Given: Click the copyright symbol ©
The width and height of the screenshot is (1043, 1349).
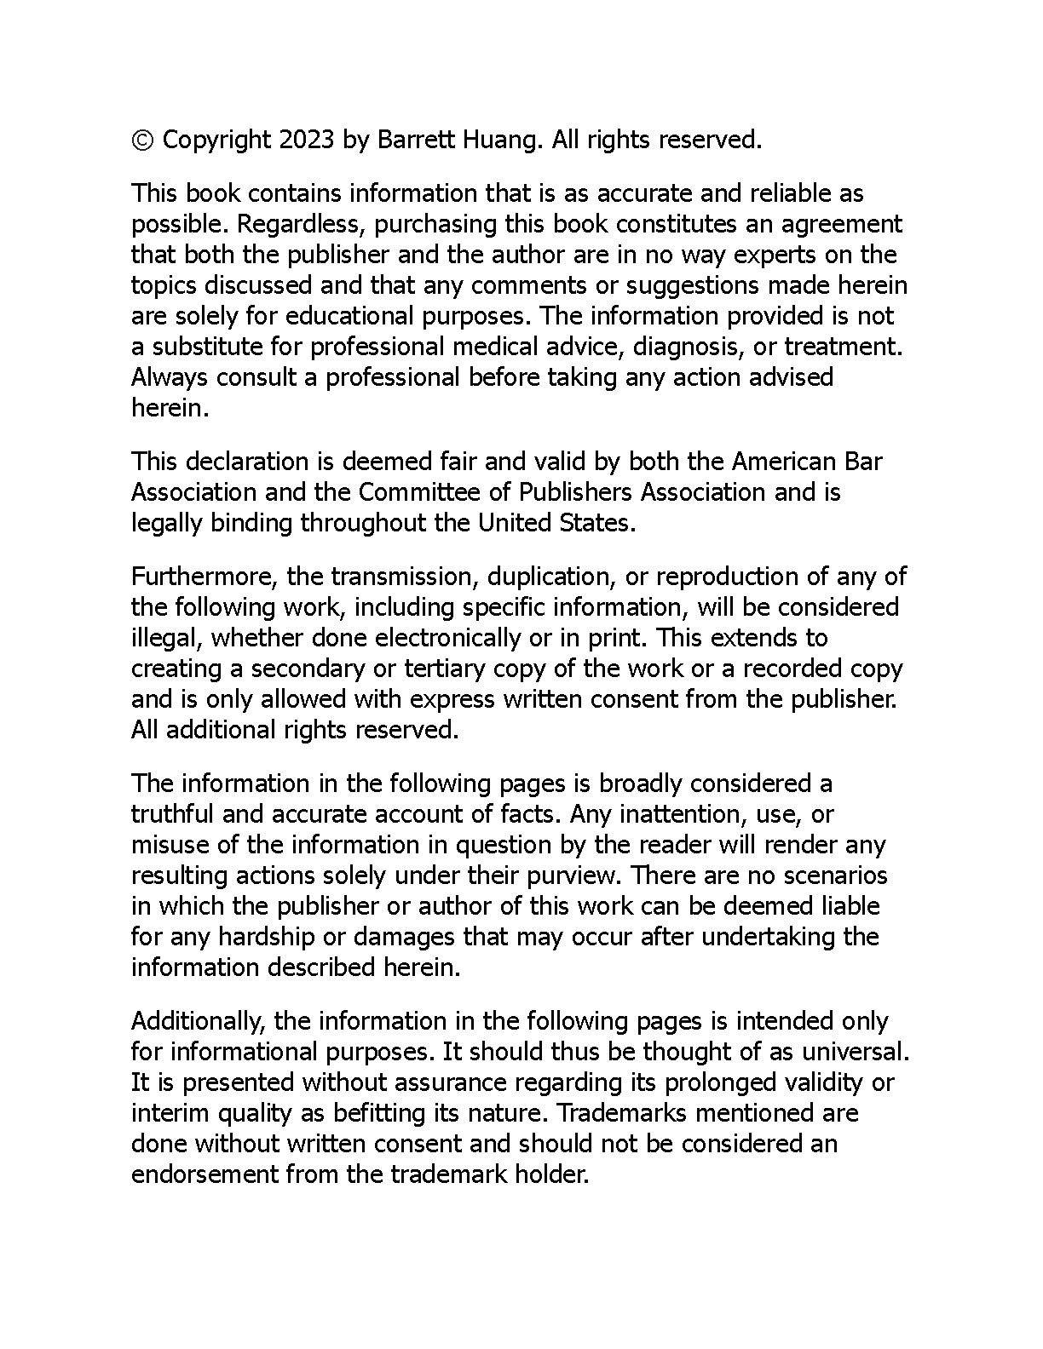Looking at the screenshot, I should click(x=142, y=140).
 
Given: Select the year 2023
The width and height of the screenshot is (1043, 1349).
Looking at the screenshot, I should click(x=305, y=140).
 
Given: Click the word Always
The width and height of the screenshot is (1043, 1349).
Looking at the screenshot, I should click(x=170, y=377).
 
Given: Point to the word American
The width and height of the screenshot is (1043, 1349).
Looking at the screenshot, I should click(x=784, y=462).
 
